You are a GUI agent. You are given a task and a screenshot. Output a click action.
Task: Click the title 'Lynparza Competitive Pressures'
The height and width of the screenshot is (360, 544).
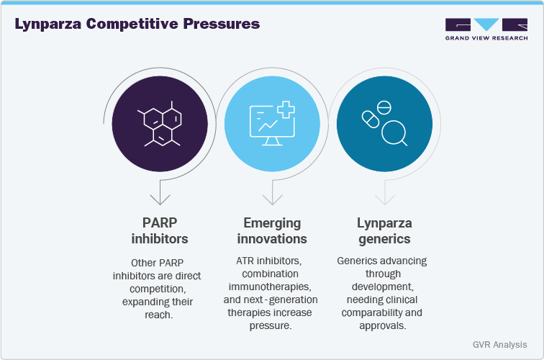point(137,24)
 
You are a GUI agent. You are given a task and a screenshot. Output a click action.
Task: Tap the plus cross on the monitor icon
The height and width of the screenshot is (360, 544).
point(286,110)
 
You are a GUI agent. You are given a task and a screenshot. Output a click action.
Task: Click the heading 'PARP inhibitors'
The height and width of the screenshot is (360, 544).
point(159,230)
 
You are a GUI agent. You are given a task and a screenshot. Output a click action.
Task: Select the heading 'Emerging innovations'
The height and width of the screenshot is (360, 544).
point(272,230)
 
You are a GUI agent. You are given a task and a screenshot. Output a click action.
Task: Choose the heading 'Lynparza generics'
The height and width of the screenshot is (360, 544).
point(385,230)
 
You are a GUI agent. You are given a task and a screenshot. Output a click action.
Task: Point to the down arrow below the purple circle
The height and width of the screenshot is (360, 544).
point(159,196)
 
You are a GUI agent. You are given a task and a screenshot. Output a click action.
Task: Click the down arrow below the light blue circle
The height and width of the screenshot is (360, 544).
point(272,196)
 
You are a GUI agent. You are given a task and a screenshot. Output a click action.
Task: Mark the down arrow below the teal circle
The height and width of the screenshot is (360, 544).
point(385,196)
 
